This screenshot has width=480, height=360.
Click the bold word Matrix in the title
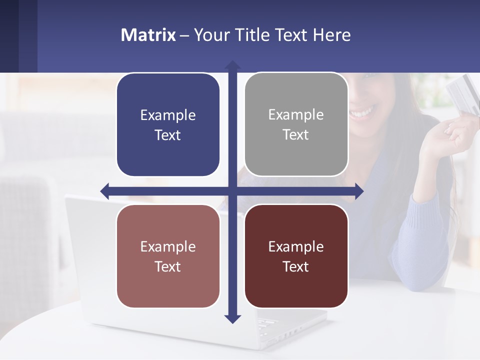(x=148, y=35)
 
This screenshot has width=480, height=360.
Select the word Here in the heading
(x=332, y=35)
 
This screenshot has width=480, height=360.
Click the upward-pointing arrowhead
(x=232, y=65)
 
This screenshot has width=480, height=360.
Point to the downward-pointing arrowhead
(x=232, y=318)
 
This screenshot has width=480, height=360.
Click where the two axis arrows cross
(x=232, y=191)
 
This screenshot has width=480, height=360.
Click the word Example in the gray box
(x=296, y=114)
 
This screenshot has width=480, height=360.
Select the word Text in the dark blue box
(x=168, y=135)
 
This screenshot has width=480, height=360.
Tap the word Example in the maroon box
(x=296, y=246)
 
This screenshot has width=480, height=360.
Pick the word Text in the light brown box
(x=168, y=266)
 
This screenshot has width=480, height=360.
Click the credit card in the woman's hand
(x=461, y=92)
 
